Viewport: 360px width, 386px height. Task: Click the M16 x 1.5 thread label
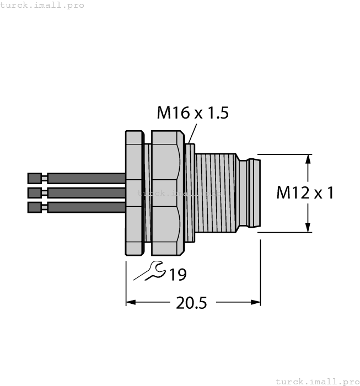point(192,113)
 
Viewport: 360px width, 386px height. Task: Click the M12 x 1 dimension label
point(305,193)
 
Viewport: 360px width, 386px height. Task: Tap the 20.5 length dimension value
point(191,303)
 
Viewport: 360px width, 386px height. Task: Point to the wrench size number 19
point(178,274)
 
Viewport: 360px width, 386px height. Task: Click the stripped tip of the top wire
point(34,178)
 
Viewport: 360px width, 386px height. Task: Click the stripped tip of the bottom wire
point(34,207)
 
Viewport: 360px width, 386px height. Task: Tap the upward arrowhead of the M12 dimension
point(308,159)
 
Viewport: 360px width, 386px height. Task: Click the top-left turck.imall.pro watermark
point(42,5)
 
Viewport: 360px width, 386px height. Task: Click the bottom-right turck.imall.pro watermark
point(316,381)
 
